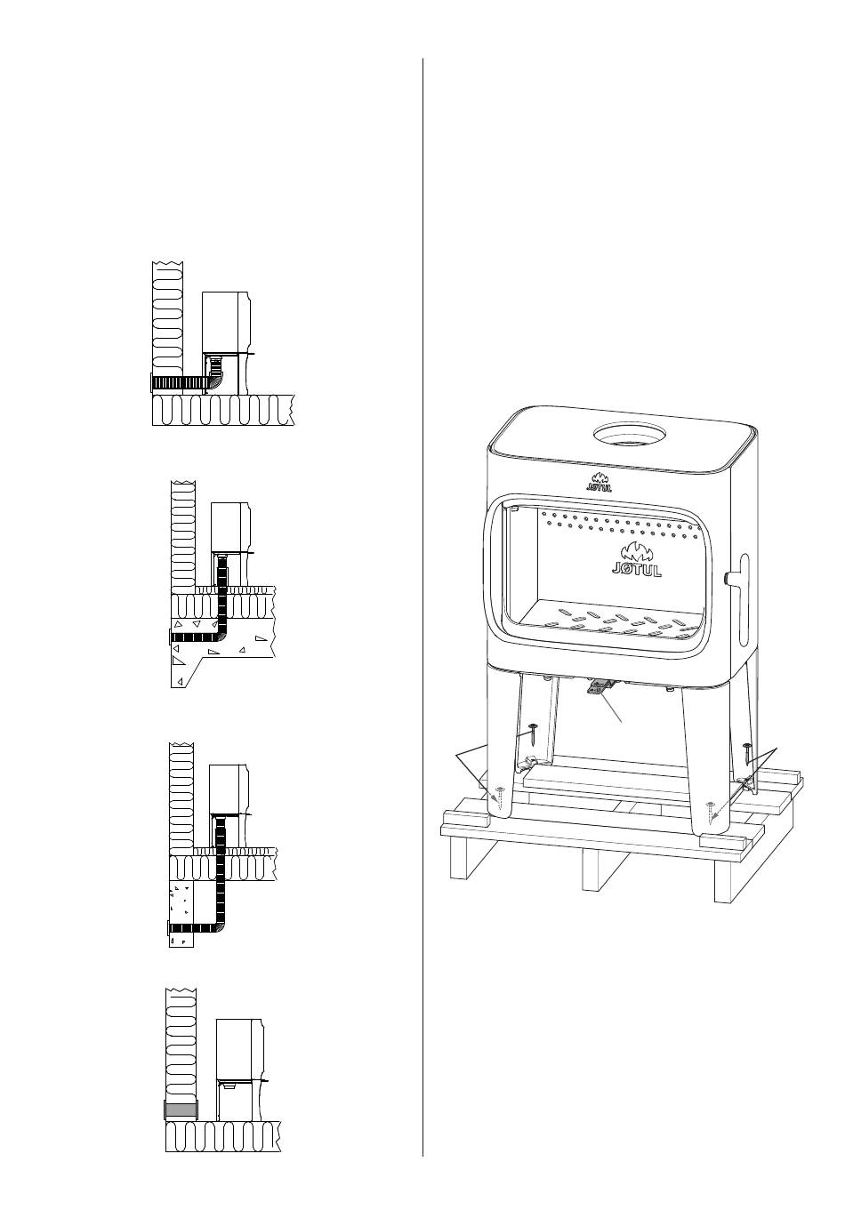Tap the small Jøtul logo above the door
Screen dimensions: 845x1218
pos(599,481)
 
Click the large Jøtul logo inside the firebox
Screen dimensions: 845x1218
pos(636,561)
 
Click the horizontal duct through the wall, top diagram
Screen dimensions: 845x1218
pos(178,382)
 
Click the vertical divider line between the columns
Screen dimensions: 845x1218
pos(422,605)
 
